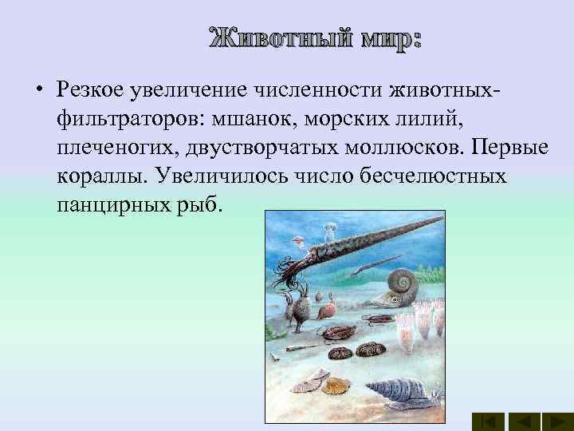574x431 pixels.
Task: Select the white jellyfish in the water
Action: pos(328,232)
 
